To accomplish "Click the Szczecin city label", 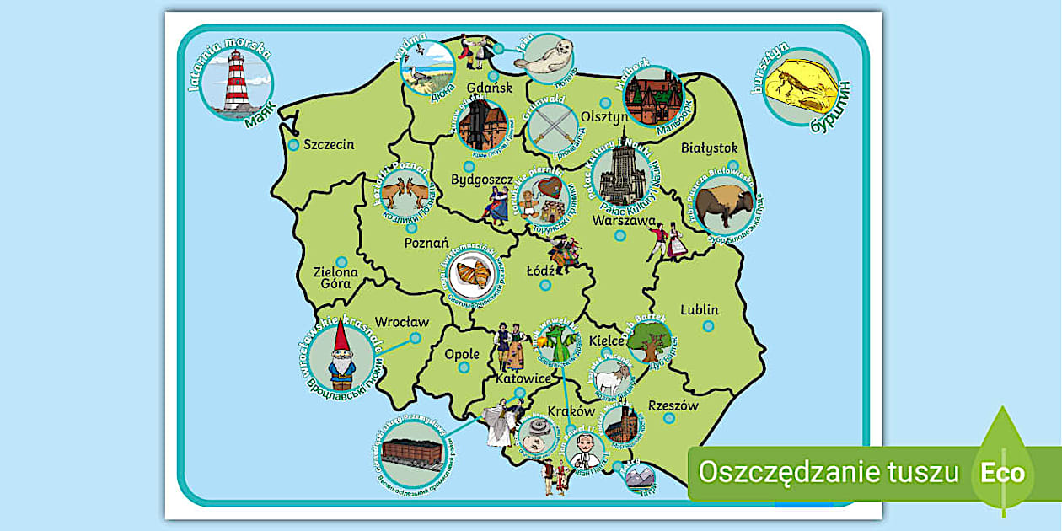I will [x=329, y=144].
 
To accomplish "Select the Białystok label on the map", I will [x=709, y=147].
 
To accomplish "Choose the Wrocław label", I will [x=401, y=321].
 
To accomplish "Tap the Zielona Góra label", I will [x=335, y=277].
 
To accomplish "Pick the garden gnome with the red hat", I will [x=341, y=357].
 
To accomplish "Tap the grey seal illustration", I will [x=550, y=59].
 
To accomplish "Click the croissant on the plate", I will [x=473, y=274].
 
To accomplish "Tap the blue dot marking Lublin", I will [x=708, y=326].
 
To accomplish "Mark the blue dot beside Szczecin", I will [x=293, y=145].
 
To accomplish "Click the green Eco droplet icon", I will [x=1002, y=470].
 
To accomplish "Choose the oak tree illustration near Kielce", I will [x=650, y=341].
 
